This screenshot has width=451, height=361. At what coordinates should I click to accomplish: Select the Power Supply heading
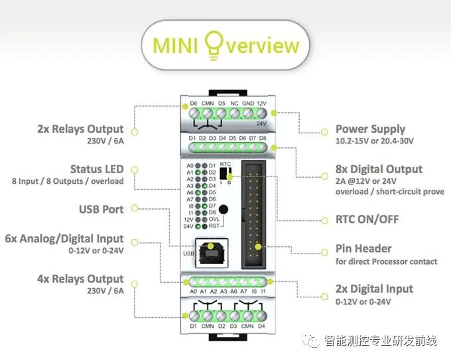point(370,129)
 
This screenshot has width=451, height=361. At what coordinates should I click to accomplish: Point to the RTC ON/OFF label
point(367,219)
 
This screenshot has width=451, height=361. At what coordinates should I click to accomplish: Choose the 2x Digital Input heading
point(374,289)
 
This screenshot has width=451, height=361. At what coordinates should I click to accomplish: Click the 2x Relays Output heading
point(80,129)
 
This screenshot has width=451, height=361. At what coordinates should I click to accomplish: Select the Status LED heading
point(97,169)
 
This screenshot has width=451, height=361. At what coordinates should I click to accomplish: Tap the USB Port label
point(101,209)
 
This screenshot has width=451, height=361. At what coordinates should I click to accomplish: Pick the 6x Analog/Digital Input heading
point(64,238)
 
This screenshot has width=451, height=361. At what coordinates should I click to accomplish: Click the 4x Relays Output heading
point(80,279)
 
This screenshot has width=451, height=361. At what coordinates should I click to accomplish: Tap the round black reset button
point(225,210)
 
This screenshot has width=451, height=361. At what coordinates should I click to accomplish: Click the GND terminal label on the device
point(247,104)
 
